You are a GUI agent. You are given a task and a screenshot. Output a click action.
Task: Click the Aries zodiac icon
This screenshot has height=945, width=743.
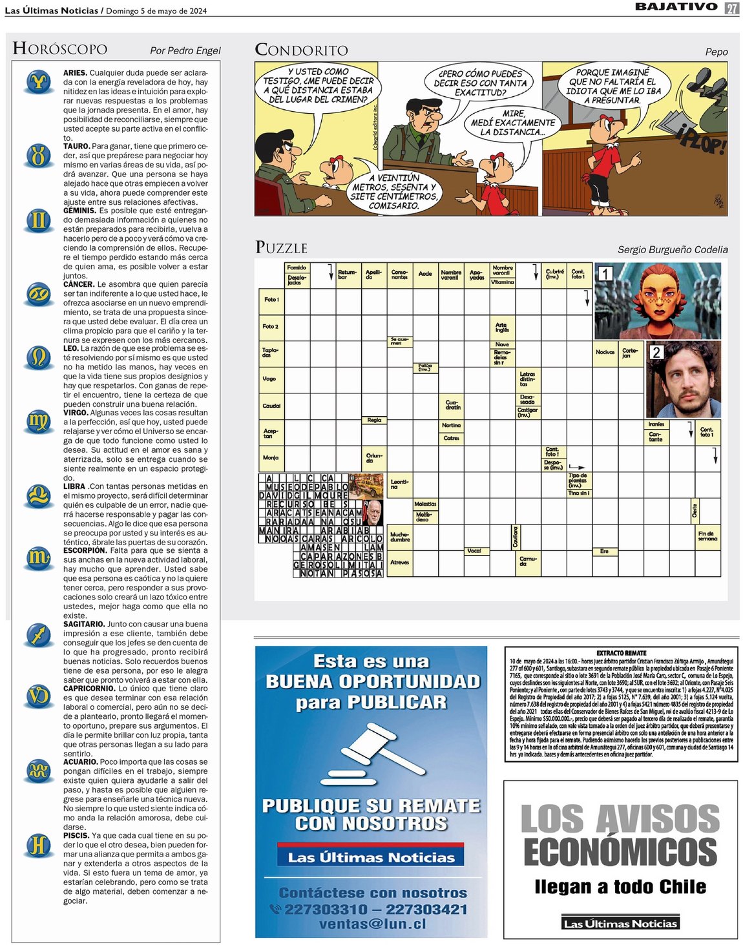tap(39, 82)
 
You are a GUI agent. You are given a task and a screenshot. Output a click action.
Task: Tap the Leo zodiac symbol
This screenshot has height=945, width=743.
tap(39, 357)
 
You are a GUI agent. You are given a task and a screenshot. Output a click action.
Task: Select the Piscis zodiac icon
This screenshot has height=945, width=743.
tap(39, 844)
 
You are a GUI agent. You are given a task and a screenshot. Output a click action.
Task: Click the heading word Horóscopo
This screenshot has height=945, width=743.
tap(60, 49)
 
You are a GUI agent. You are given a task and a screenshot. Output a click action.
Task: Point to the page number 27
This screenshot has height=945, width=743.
tap(731, 8)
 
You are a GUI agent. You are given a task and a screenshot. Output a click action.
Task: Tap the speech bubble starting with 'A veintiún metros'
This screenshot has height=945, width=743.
tap(393, 192)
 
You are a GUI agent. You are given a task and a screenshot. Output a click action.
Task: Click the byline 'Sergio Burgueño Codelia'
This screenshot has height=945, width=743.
tap(672, 249)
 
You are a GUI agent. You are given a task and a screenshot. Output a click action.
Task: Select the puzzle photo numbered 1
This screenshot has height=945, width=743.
tap(657, 300)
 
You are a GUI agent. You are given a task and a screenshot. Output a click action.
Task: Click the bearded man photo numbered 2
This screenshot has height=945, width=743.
tap(684, 380)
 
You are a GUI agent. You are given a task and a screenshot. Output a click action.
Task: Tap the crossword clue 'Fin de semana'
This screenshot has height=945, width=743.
tap(707, 535)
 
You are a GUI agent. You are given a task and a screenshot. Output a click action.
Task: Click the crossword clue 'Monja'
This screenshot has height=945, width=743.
tap(270, 457)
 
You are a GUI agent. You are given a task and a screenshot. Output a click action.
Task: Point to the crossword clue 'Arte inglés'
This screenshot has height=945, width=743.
tap(501, 327)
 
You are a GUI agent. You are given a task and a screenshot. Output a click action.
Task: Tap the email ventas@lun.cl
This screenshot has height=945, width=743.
tap(372, 924)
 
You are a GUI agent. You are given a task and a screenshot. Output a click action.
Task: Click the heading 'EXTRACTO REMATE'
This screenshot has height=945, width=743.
tap(621, 653)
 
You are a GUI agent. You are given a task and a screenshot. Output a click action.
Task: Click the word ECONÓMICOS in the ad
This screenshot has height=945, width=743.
tap(620, 851)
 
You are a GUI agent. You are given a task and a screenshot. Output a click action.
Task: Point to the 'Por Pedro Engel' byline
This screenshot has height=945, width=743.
tap(185, 50)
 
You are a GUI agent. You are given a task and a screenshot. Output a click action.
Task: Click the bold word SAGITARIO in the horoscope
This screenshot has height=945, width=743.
tap(84, 624)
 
